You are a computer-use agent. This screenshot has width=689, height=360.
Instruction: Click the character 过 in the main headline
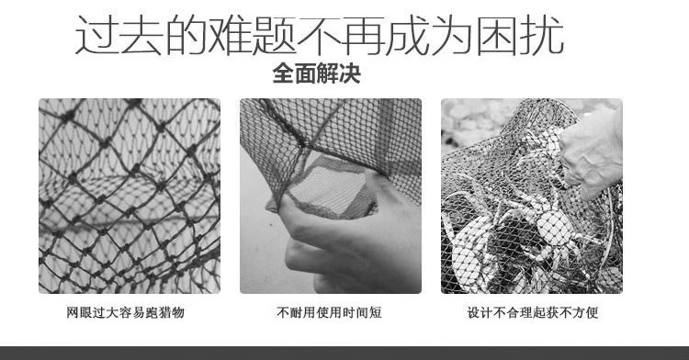[96, 35]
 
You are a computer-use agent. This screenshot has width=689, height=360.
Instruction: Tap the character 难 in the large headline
[230, 35]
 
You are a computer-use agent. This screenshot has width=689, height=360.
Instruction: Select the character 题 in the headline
[275, 35]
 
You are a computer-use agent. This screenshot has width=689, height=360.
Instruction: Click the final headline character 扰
[542, 35]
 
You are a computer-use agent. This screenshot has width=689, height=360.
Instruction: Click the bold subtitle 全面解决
[316, 73]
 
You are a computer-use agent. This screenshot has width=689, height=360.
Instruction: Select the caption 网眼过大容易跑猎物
[125, 312]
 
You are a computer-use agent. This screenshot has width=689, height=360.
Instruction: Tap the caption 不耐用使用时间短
[329, 312]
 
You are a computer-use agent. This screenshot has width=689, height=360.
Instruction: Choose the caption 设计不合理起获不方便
[533, 312]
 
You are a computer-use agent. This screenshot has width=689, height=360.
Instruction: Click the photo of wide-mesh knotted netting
[130, 196]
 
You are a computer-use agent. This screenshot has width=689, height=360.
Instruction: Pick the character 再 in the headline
[364, 35]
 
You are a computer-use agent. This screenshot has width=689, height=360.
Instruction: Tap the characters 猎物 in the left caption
[171, 312]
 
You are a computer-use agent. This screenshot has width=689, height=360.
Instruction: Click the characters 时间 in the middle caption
[355, 312]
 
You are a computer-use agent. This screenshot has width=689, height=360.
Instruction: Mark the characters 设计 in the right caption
[480, 312]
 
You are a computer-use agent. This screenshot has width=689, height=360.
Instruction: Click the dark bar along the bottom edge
[344, 353]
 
